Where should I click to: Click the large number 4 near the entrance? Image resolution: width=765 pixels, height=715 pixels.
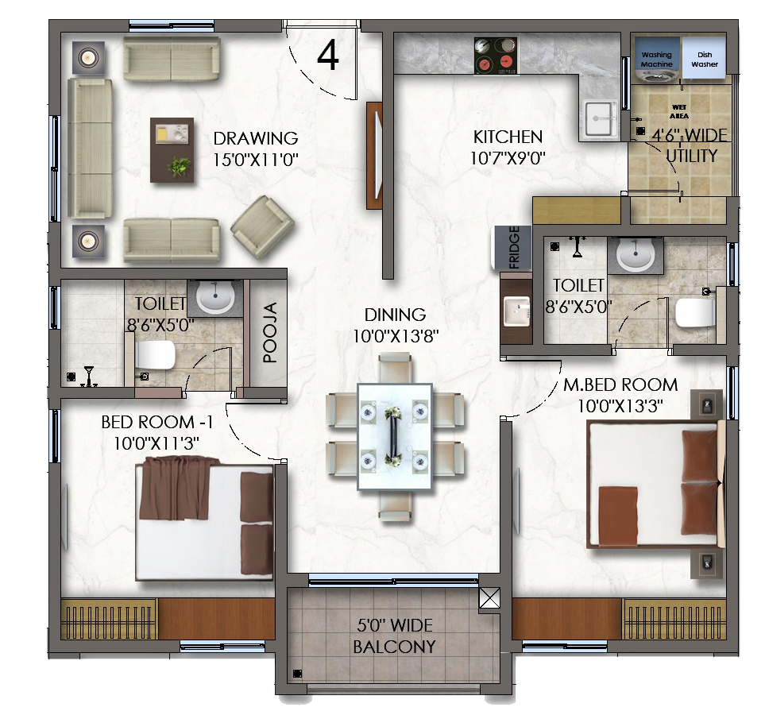(x=328, y=55)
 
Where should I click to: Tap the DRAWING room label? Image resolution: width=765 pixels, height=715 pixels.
(x=256, y=138)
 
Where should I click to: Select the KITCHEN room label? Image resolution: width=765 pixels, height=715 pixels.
(x=508, y=137)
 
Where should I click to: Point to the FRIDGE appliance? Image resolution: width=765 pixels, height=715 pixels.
(x=513, y=247)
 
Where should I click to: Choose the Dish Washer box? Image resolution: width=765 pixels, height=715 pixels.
(x=705, y=58)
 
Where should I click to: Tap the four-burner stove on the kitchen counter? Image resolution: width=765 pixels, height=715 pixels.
(x=496, y=56)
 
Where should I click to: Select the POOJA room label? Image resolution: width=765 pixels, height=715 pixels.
(x=270, y=332)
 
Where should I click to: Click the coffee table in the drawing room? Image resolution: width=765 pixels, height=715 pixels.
(x=172, y=150)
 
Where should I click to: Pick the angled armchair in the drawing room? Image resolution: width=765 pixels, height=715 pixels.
(x=262, y=226)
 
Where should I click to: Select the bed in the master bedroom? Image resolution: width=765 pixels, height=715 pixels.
(x=655, y=484)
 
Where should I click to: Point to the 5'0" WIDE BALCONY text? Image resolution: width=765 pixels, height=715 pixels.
(x=394, y=636)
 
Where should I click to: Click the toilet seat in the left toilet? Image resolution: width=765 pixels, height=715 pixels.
(x=154, y=355)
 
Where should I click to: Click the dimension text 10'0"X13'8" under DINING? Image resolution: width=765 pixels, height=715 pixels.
(x=396, y=336)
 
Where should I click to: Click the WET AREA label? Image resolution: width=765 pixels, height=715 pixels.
(x=679, y=111)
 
